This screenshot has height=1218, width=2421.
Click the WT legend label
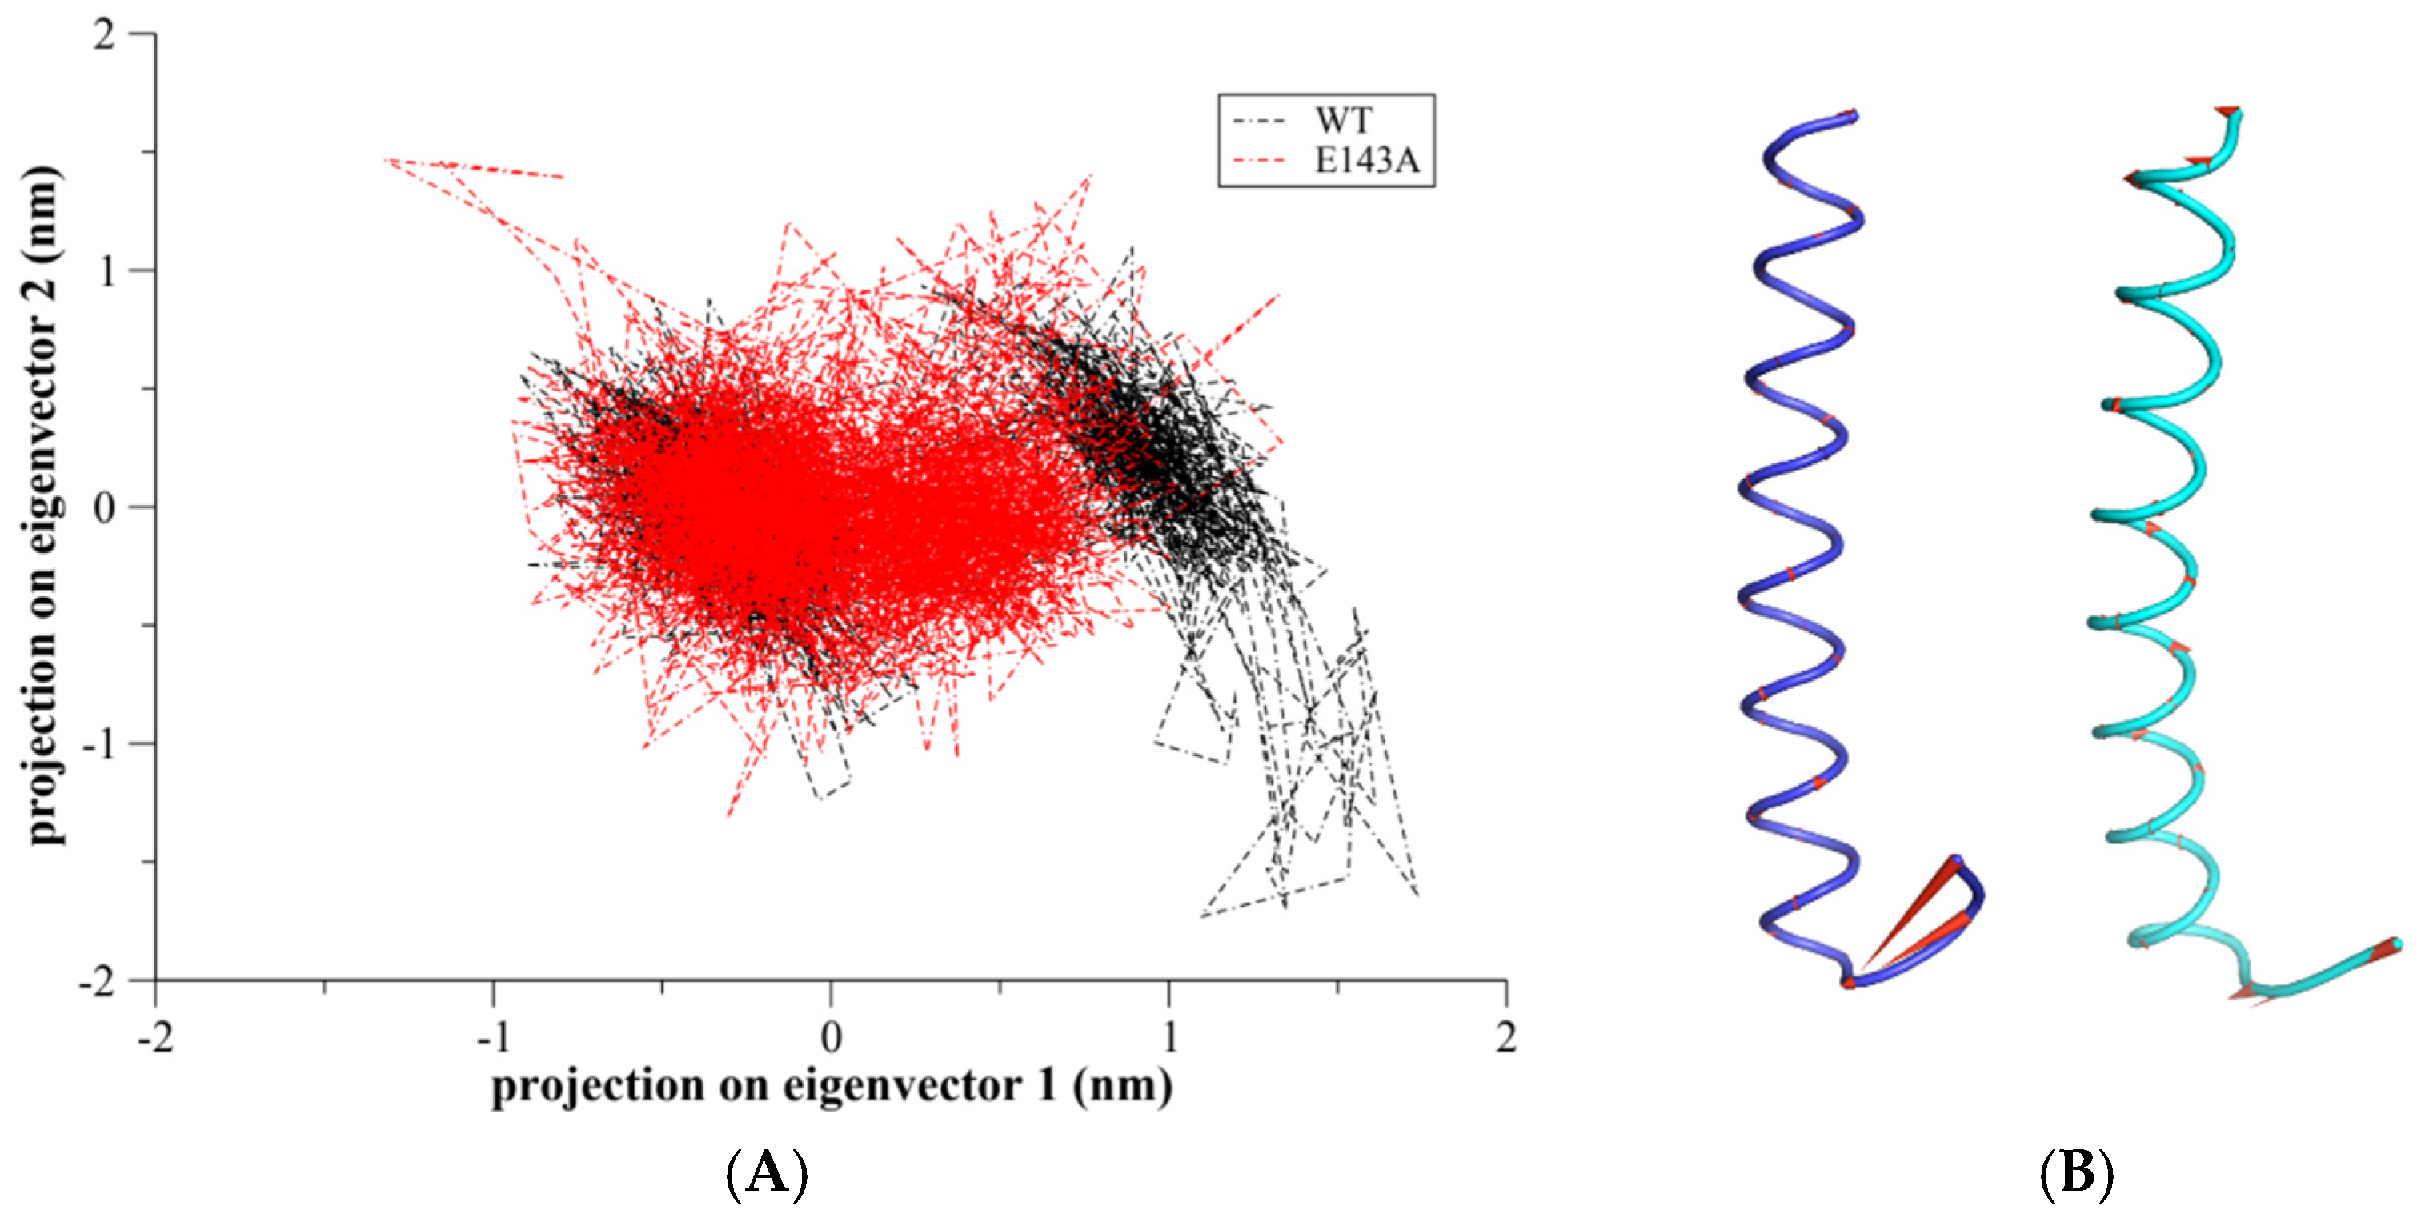(x=1343, y=121)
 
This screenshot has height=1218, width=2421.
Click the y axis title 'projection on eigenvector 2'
(x=42, y=507)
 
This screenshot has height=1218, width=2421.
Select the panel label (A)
(x=767, y=1174)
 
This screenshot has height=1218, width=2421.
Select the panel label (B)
(x=2076, y=1174)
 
